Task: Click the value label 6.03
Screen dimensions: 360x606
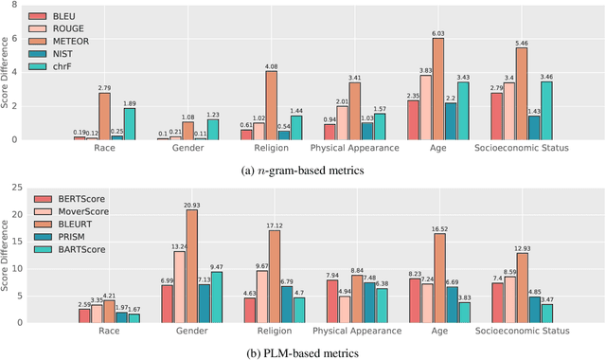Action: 437,34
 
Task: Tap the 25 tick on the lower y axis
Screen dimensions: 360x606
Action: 16,187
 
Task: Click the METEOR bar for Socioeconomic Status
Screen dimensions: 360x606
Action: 521,95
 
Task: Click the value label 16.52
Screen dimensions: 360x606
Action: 437,228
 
